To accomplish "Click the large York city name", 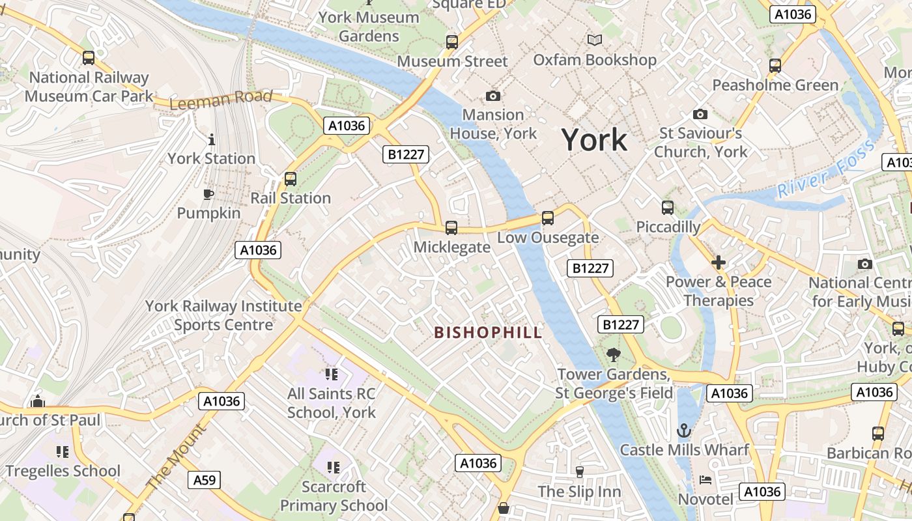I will click(x=594, y=140).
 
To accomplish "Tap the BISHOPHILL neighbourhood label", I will click(x=488, y=333).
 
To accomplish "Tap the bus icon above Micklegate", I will click(x=451, y=228).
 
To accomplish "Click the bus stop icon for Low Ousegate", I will click(x=548, y=218).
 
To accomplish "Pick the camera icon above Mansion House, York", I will click(x=493, y=96).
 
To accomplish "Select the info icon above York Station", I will click(x=211, y=139).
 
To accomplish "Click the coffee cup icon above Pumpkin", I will click(x=208, y=194).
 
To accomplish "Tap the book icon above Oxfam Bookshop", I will click(x=594, y=40).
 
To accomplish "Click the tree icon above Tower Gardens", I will click(x=613, y=355).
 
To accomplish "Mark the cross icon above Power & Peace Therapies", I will click(x=719, y=262).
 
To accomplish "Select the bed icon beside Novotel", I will click(x=705, y=480).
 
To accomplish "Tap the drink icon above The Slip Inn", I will click(x=579, y=472).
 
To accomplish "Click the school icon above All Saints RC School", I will click(x=332, y=374).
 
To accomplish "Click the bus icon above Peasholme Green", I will click(x=775, y=66).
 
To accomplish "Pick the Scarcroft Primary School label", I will click(x=334, y=496).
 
